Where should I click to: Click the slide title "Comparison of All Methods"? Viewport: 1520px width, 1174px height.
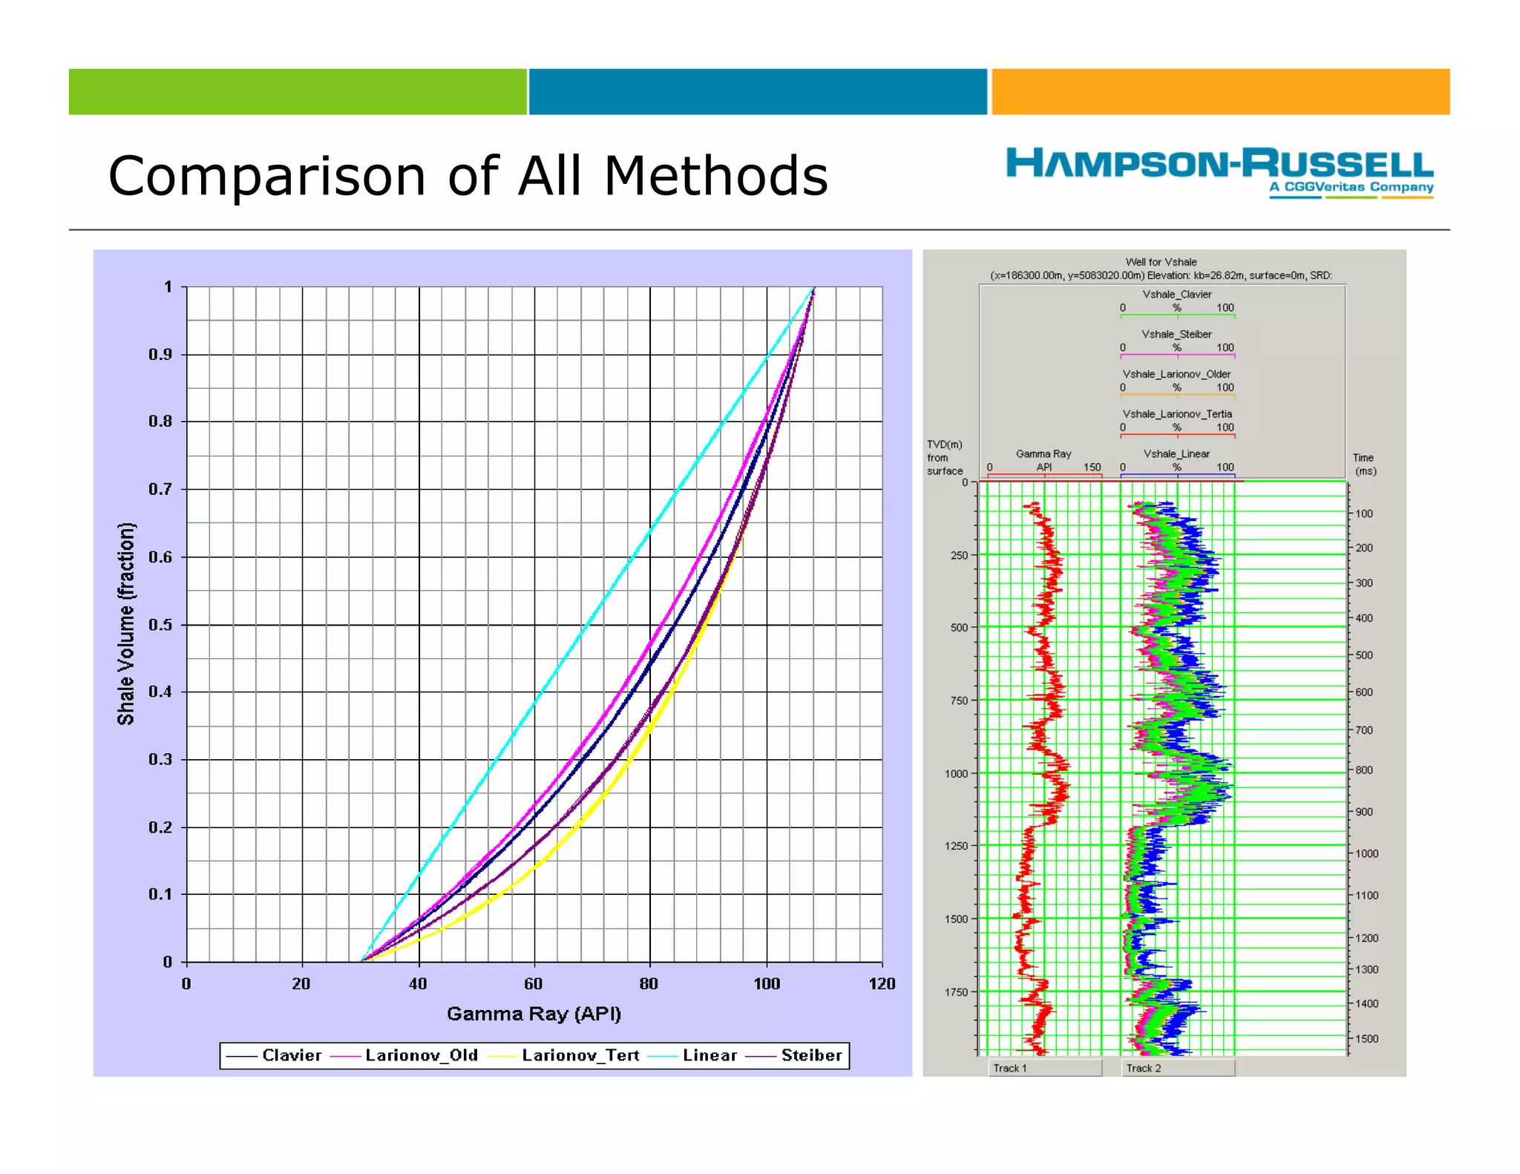(468, 176)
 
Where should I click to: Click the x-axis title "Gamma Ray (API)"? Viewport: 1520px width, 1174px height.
(534, 1014)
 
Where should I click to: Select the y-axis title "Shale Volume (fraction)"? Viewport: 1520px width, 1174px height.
(126, 623)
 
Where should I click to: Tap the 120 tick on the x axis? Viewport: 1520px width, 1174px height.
(882, 984)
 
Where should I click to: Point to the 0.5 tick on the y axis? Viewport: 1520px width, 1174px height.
(160, 625)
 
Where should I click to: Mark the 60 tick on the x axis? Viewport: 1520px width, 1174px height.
(534, 984)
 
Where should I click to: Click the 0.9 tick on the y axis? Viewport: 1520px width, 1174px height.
(160, 355)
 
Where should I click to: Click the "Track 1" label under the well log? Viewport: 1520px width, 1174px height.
(1010, 1068)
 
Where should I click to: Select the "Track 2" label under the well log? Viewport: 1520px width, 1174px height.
(1144, 1068)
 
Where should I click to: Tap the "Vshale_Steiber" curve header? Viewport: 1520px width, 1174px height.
(1176, 335)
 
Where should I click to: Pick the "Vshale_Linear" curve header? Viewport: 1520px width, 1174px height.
(1176, 454)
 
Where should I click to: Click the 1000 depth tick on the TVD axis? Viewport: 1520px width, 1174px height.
(956, 773)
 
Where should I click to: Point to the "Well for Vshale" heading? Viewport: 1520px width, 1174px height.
(1161, 262)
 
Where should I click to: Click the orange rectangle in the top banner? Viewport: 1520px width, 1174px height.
(1220, 92)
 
